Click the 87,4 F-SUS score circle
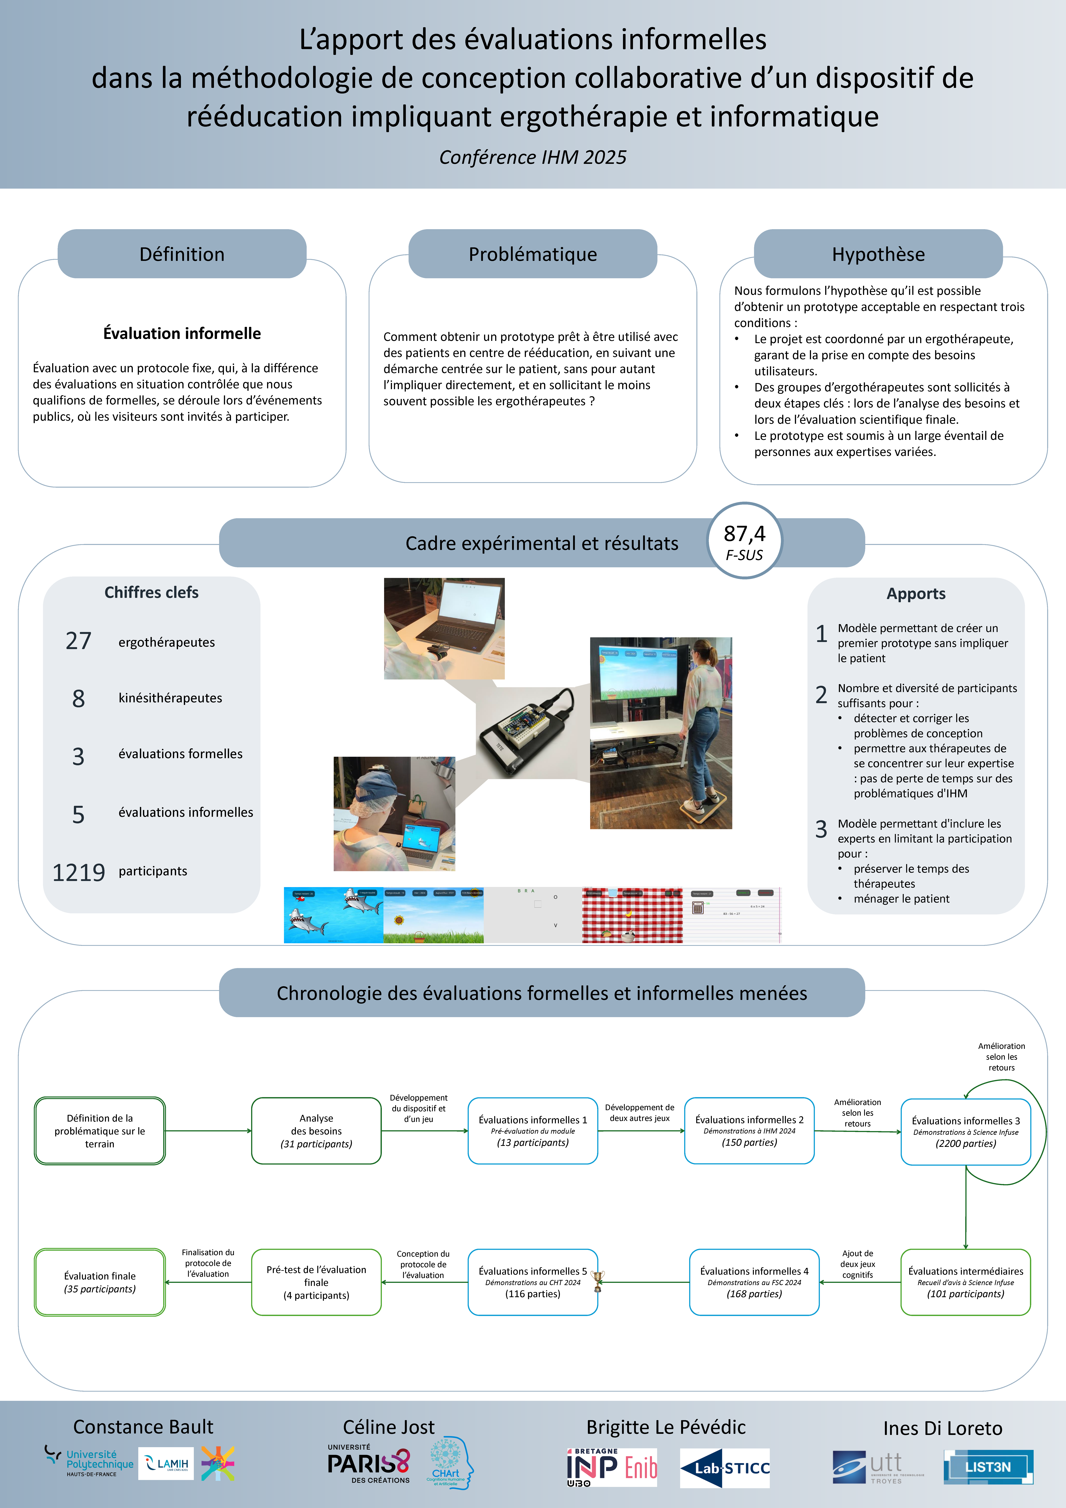pos(744,541)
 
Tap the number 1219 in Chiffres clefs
pos(78,872)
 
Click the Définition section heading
pos(182,254)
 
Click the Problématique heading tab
pos(533,254)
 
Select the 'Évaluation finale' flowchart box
pos(100,1282)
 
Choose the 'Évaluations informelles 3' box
pos(966,1132)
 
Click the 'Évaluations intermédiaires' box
pos(966,1282)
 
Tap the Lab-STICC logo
pos(724,1468)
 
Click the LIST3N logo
pos(988,1467)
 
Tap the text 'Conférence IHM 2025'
pos(533,158)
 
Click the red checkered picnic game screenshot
pos(632,915)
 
